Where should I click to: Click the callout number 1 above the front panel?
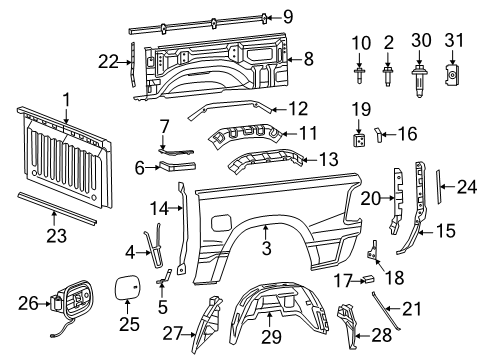tap(66, 100)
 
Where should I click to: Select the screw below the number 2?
tap(388, 74)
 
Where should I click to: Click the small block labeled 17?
tap(367, 278)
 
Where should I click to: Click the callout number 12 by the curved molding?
tap(294, 107)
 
